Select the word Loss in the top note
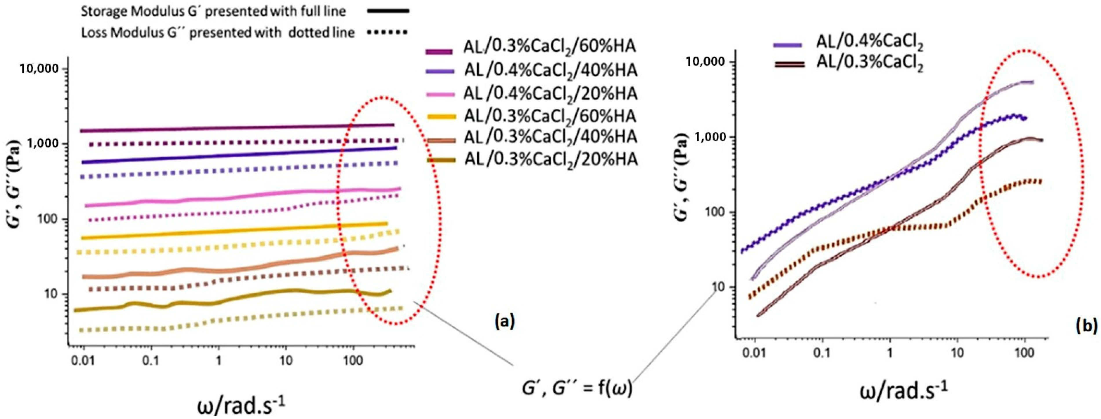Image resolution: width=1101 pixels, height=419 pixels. tap(93, 32)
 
